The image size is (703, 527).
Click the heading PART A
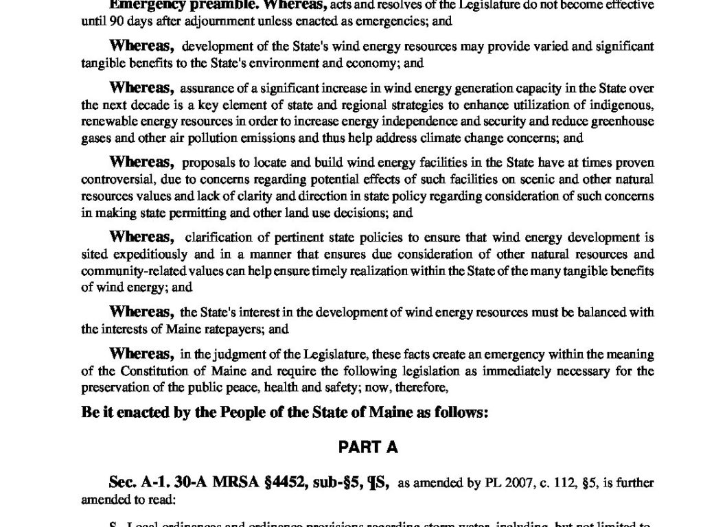point(368,447)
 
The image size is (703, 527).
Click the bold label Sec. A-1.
point(141,484)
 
